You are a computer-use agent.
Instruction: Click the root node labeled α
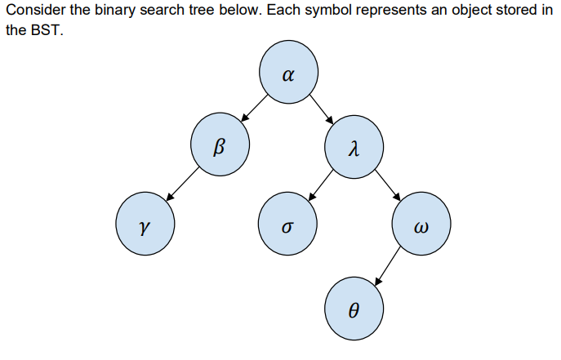coord(289,76)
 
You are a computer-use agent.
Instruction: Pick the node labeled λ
coord(353,149)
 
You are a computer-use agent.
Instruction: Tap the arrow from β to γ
coord(182,185)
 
